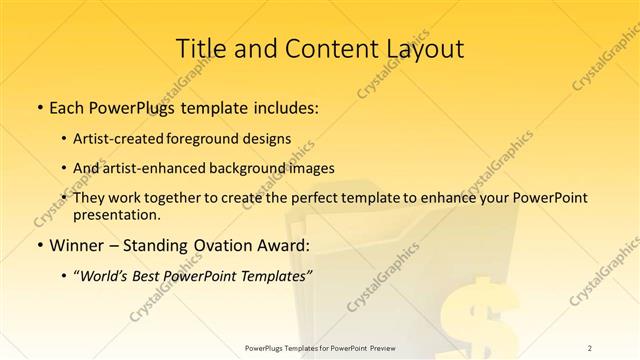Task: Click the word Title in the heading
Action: point(200,49)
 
